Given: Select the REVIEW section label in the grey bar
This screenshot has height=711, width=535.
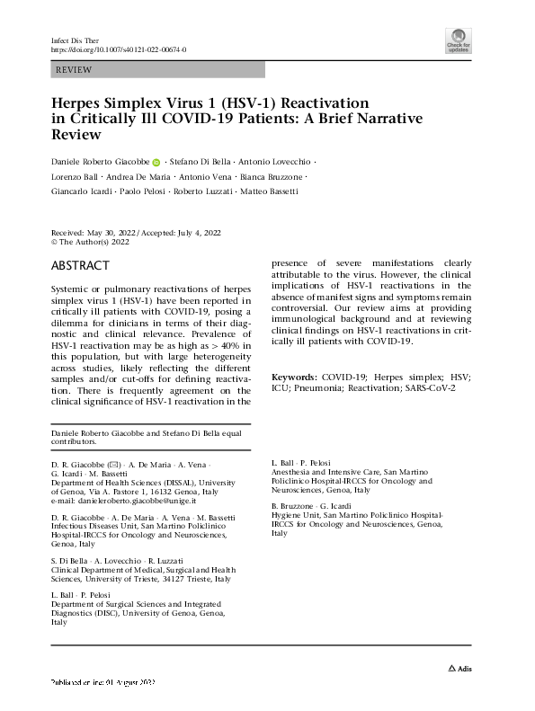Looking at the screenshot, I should (x=74, y=68).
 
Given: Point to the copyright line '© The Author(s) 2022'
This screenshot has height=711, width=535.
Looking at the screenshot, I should (x=90, y=241).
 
